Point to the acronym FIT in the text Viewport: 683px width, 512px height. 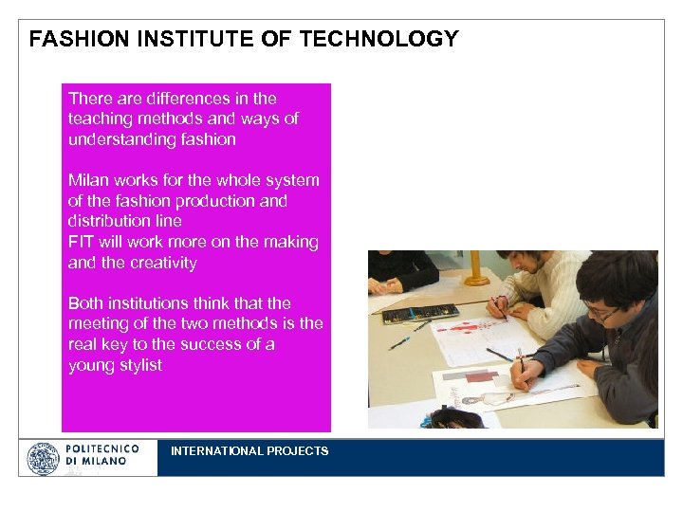(x=81, y=243)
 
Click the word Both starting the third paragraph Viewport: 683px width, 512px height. (x=86, y=304)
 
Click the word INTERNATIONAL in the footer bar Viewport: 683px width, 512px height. (x=216, y=451)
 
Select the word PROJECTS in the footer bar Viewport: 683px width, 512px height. (x=297, y=451)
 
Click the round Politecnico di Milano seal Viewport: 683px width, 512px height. (x=42, y=459)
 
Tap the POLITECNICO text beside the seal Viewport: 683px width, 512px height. (x=102, y=448)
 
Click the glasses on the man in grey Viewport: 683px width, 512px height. (x=600, y=310)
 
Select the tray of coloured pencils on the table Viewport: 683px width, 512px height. (x=421, y=313)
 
